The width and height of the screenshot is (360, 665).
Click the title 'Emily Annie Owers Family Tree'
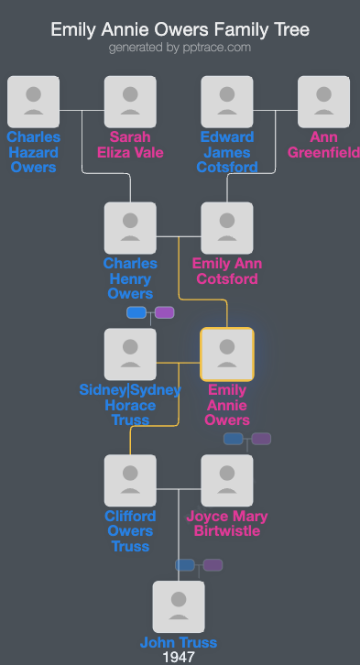[x=180, y=30]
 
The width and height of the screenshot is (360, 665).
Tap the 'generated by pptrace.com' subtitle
[x=180, y=48]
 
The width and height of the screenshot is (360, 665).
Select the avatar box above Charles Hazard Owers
[x=33, y=102]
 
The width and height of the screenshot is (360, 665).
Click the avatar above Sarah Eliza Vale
[x=130, y=102]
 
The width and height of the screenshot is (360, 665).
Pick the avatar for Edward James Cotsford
[x=227, y=102]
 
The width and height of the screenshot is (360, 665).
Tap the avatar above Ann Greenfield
[x=323, y=102]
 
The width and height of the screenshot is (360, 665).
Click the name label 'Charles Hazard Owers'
[x=33, y=152]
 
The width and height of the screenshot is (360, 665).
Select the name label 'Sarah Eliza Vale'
[x=130, y=145]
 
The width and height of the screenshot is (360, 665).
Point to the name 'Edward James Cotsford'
[x=227, y=152]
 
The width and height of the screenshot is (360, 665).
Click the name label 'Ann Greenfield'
[x=324, y=145]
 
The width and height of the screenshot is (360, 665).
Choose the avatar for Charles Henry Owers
[x=130, y=228]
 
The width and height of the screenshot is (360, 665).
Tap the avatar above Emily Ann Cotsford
[x=227, y=228]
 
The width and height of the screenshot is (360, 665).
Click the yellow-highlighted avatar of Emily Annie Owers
[x=227, y=354]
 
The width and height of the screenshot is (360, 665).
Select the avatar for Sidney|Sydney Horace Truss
[x=130, y=354]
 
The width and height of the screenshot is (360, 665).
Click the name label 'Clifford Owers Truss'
[x=130, y=530]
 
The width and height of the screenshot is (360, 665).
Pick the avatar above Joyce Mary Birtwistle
[x=227, y=481]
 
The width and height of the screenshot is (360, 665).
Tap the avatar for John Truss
[x=179, y=607]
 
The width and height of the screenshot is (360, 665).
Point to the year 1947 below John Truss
[x=179, y=657]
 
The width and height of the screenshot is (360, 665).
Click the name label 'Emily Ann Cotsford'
[x=227, y=271]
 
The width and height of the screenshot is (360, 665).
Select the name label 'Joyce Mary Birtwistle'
[x=227, y=523]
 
